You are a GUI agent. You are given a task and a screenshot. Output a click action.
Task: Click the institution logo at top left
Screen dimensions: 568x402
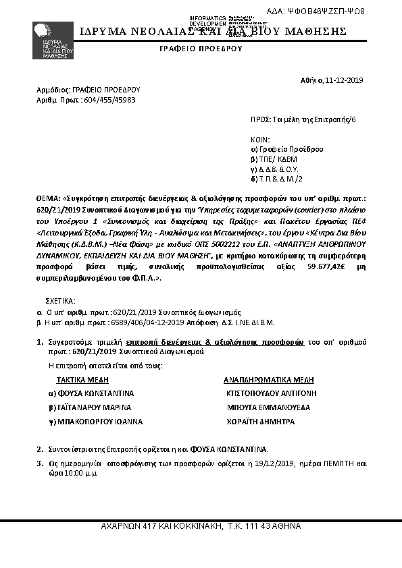pyautogui.click(x=52, y=40)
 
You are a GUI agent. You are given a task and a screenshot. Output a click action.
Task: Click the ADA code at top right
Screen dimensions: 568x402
pyautogui.click(x=325, y=11)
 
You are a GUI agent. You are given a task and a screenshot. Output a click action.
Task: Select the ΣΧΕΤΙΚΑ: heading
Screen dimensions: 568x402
pyautogui.click(x=61, y=300)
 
